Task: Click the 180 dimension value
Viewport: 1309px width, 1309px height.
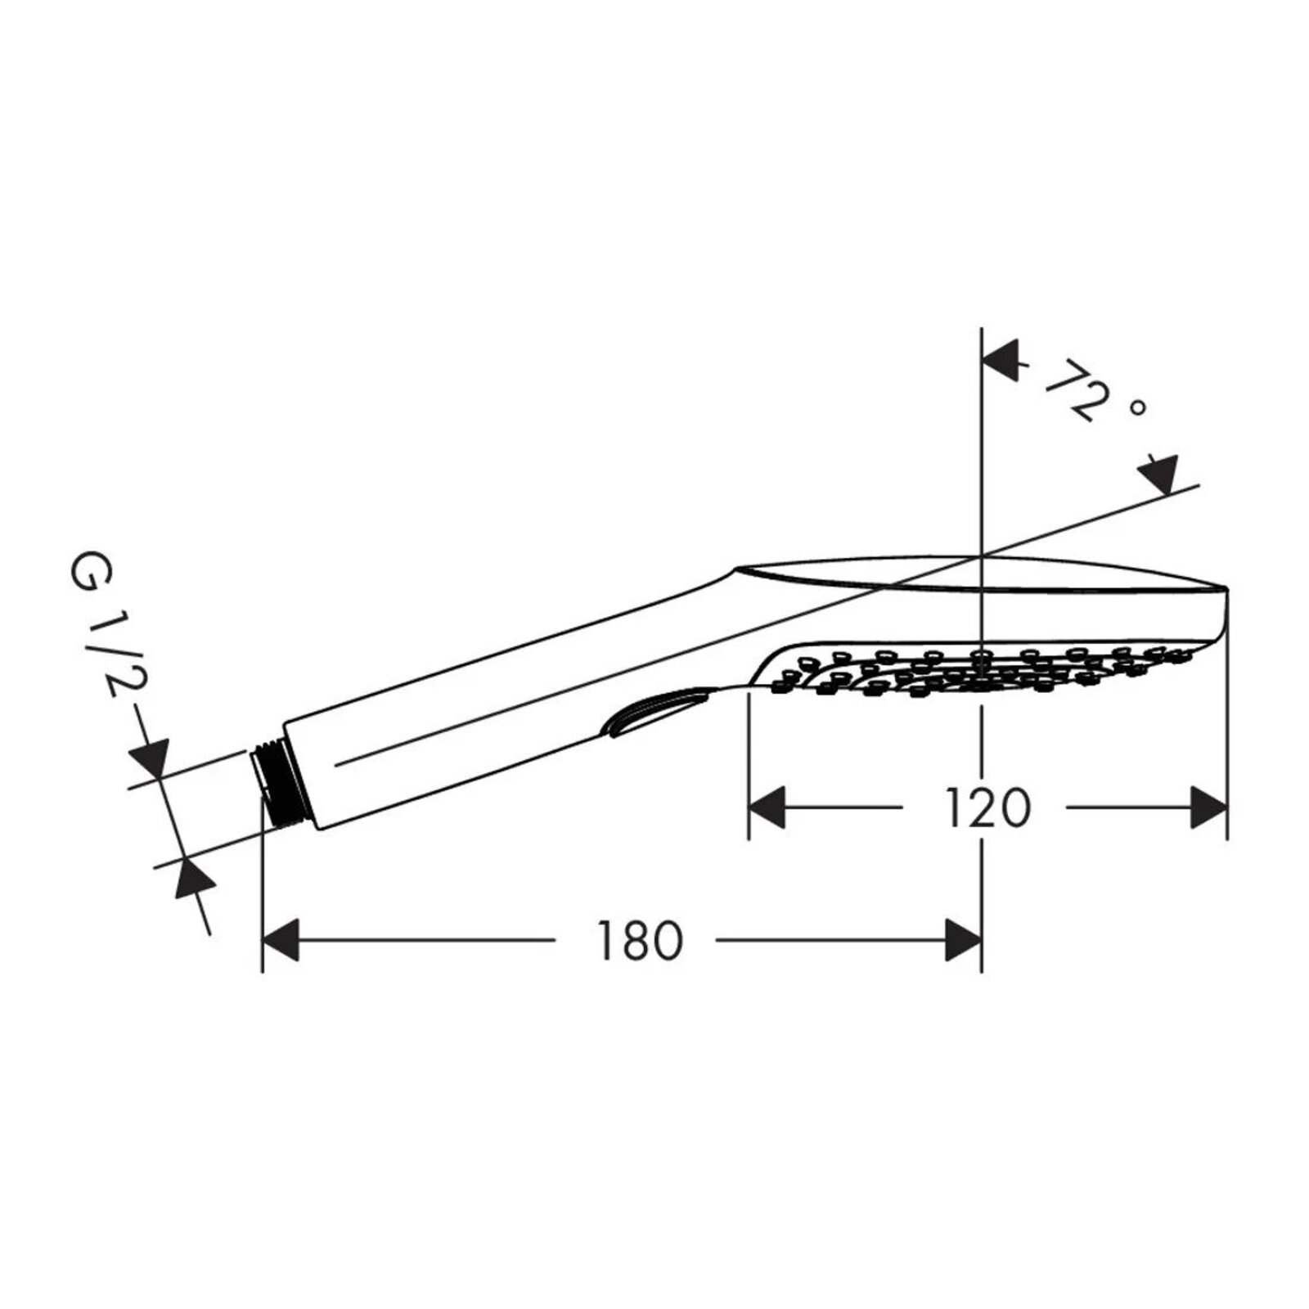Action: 639,941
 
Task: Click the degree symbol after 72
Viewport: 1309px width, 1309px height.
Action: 1138,407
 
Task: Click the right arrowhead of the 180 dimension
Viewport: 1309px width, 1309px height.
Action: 963,940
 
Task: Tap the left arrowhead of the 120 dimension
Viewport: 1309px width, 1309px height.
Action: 767,807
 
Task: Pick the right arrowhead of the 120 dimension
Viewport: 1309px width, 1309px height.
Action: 1208,807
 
